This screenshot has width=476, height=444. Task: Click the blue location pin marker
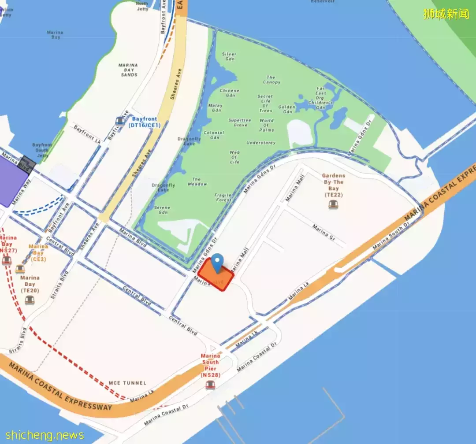coord(217,263)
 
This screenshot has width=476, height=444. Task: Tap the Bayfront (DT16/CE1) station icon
coord(120,122)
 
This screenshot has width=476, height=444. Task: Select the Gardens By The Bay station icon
coord(333,204)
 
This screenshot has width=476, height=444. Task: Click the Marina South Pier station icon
coord(210,385)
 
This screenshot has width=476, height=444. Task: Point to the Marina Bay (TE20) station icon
coord(29,300)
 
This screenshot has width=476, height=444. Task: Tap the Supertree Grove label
coord(240,122)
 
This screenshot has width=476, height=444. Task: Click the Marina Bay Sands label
coord(128,70)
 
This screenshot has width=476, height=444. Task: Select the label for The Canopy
coord(271,80)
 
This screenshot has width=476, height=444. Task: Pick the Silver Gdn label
coord(229,56)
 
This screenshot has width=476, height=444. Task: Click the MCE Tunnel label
coord(127,383)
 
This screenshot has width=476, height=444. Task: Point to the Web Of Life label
coord(234,157)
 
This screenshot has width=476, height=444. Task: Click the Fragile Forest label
coord(223,197)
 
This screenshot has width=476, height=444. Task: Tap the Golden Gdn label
coord(287,109)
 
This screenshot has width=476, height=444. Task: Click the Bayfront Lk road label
coord(87,135)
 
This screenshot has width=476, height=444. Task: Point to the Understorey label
coord(261,143)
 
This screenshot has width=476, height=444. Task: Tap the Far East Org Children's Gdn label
coord(320,97)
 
